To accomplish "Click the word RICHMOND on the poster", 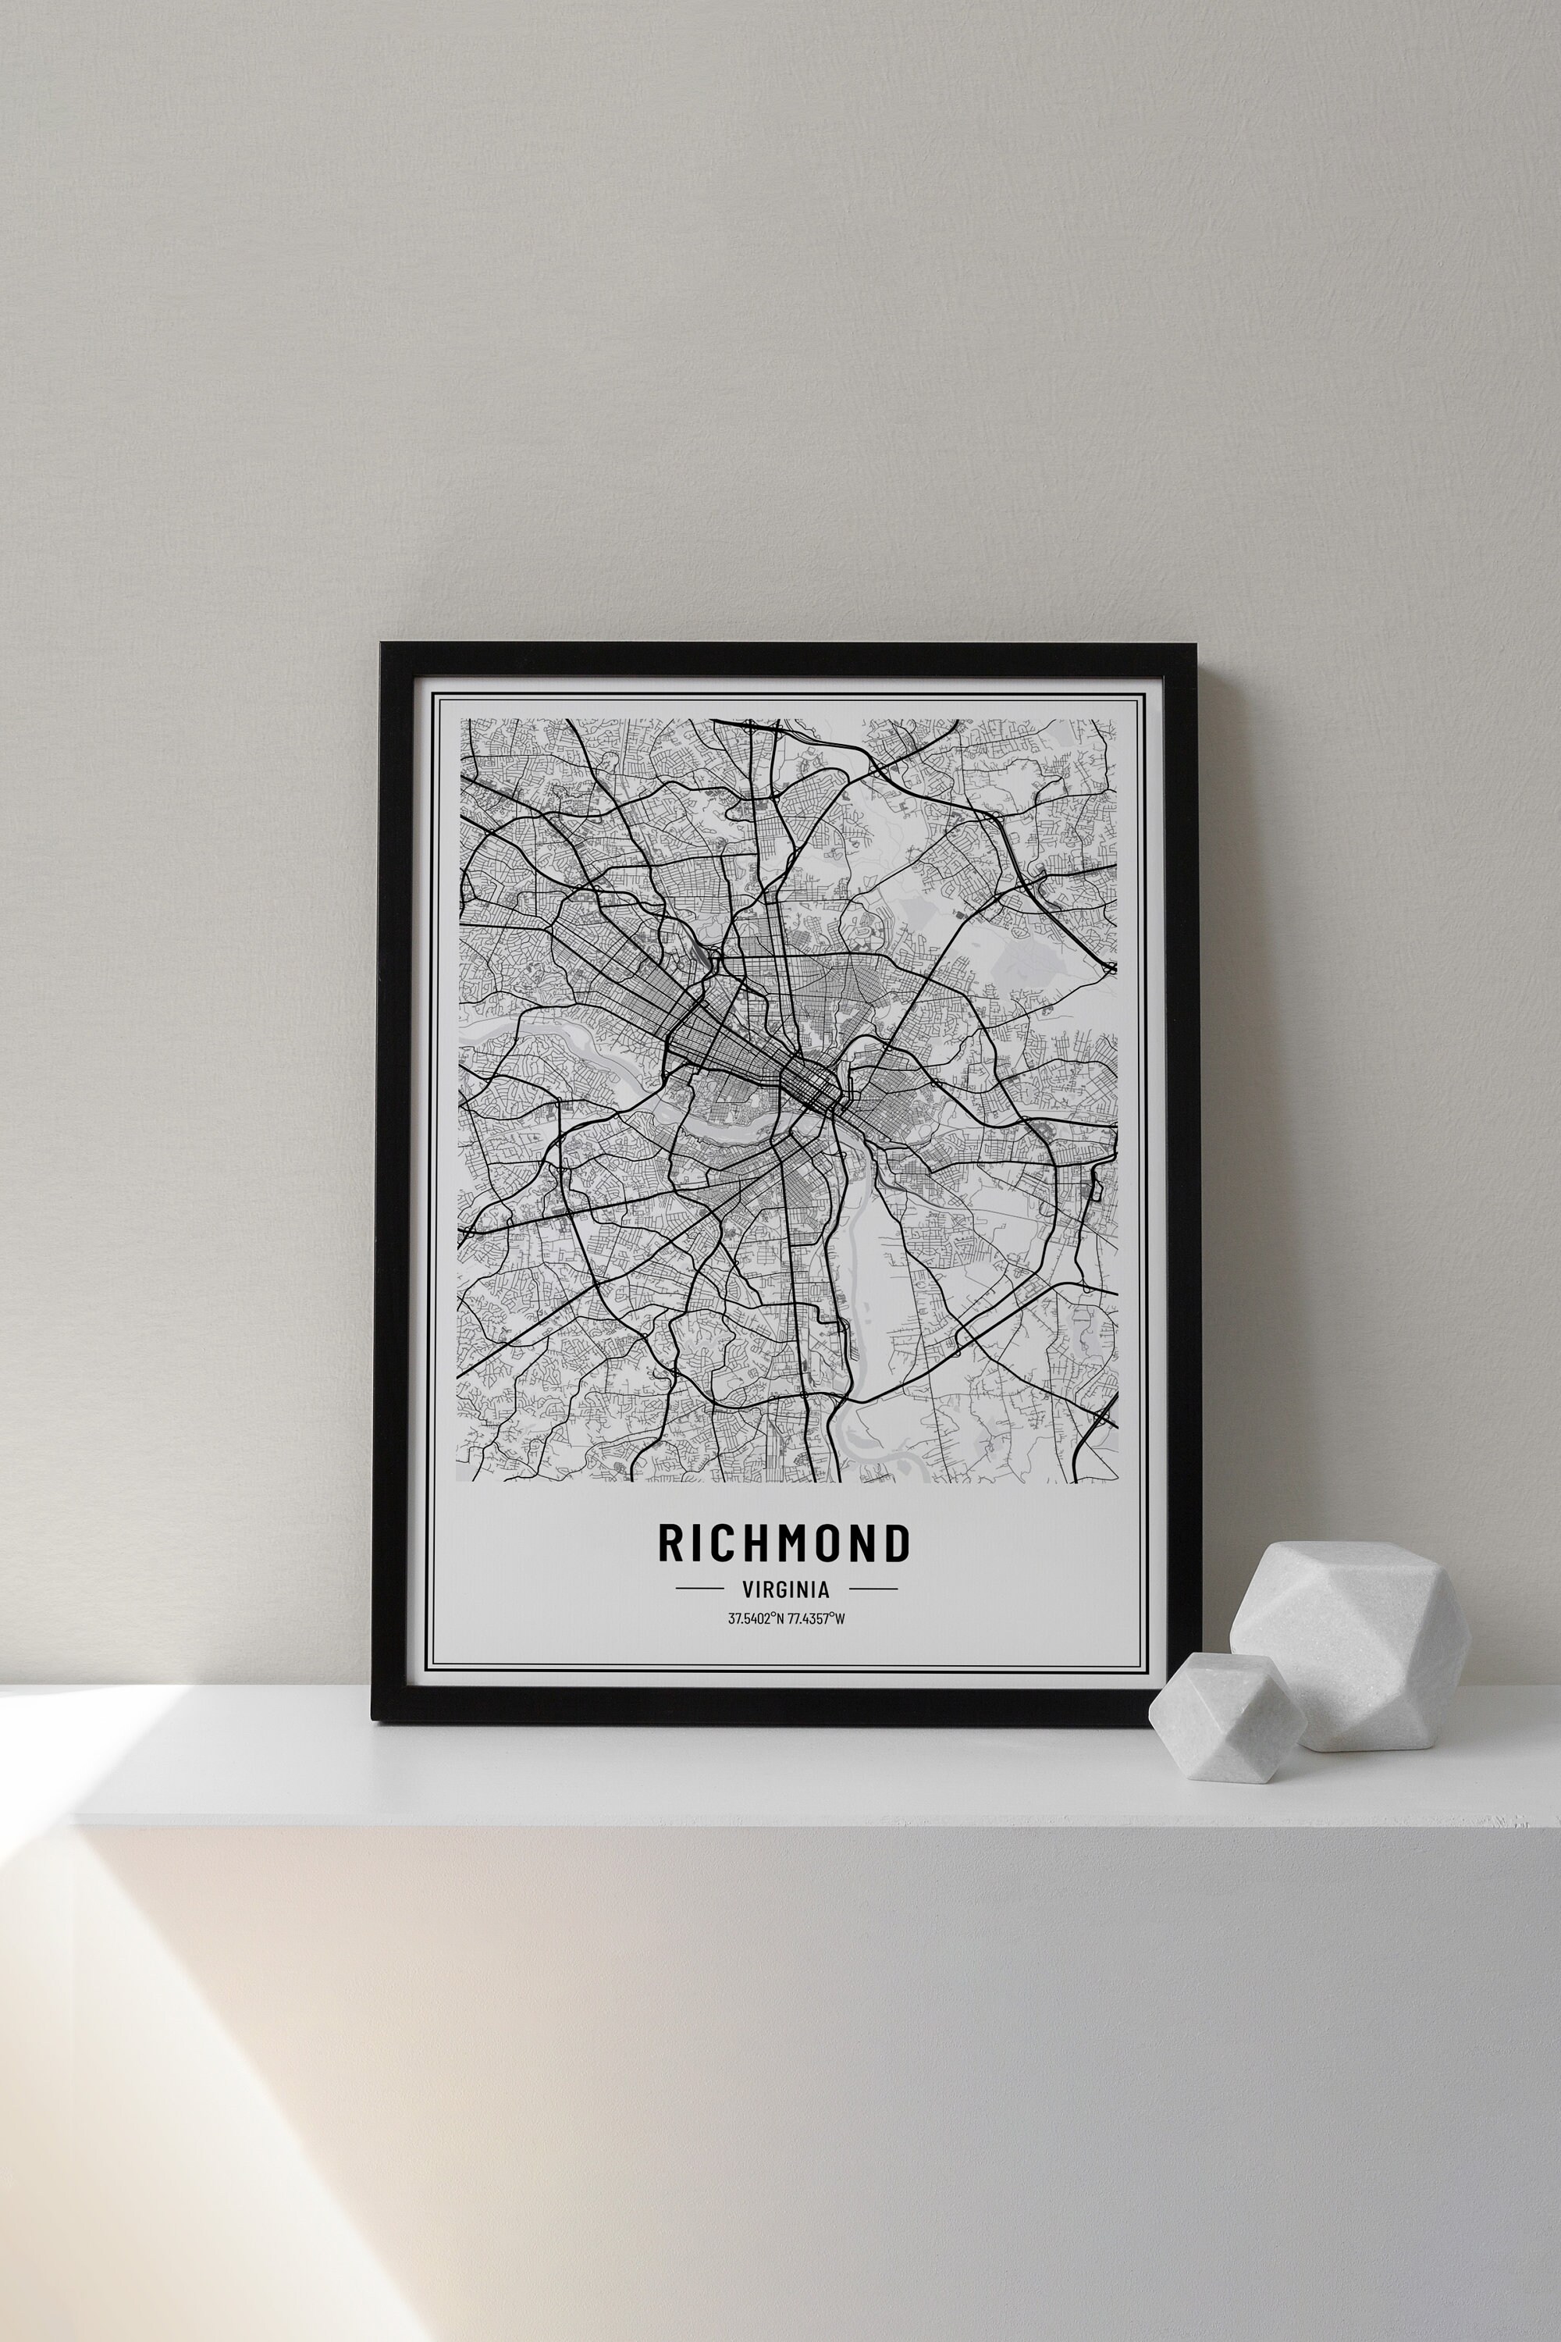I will (784, 1543).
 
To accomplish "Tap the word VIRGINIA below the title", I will (785, 1590).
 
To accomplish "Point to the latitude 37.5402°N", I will (756, 1619).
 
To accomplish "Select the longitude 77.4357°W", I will (816, 1619).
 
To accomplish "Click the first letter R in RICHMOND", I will (669, 1543).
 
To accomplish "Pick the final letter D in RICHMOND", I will (898, 1543).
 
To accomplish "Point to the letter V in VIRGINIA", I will (748, 1590).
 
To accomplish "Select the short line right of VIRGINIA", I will (873, 1589).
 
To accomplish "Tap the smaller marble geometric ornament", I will (1225, 1716).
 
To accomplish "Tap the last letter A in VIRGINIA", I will (823, 1590).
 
